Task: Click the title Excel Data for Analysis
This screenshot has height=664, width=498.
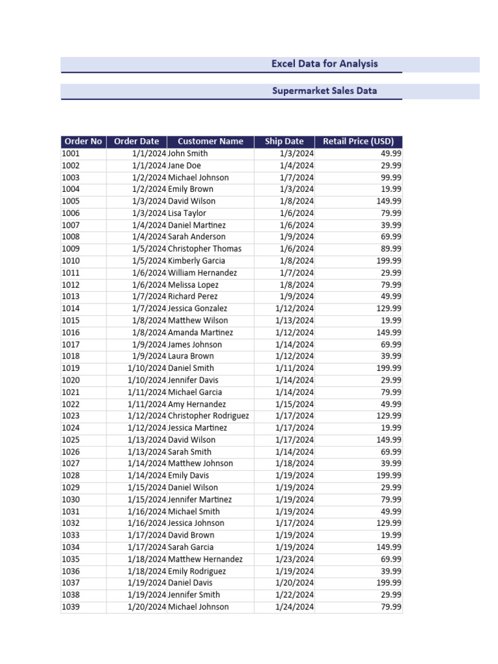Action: coord(324,64)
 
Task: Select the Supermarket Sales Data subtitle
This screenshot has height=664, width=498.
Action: coord(324,91)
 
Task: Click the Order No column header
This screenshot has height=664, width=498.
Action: coord(83,141)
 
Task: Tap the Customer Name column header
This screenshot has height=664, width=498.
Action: coord(210,141)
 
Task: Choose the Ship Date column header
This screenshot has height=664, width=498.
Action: coord(284,141)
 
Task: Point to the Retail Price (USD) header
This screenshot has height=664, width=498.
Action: coord(358,141)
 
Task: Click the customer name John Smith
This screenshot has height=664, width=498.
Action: coord(188,154)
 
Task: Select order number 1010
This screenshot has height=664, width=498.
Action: coord(71,261)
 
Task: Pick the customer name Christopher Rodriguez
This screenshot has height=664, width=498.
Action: coord(208,416)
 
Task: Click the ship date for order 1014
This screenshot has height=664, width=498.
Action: coord(294,309)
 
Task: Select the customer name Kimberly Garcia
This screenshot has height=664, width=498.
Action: coord(196,261)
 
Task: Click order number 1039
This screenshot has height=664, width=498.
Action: coord(71,607)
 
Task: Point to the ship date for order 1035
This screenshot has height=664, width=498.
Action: coord(294,559)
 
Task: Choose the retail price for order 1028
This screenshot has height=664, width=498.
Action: coord(388,475)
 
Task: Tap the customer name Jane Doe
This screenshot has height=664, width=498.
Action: coord(184,165)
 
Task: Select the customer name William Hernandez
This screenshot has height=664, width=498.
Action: coord(202,273)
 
